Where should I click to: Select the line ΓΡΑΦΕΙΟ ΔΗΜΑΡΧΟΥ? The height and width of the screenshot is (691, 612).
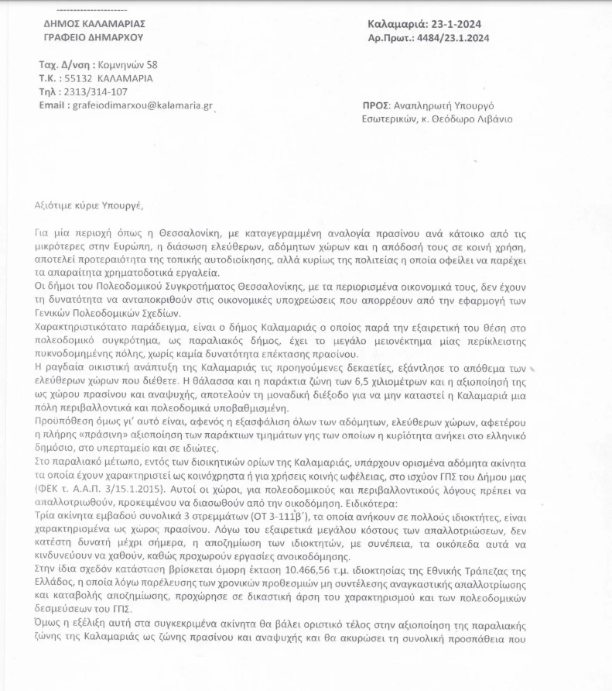(93, 37)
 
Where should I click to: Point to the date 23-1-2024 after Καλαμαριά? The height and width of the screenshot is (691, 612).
(462, 24)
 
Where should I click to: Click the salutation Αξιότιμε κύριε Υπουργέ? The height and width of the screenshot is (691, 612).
(90, 205)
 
